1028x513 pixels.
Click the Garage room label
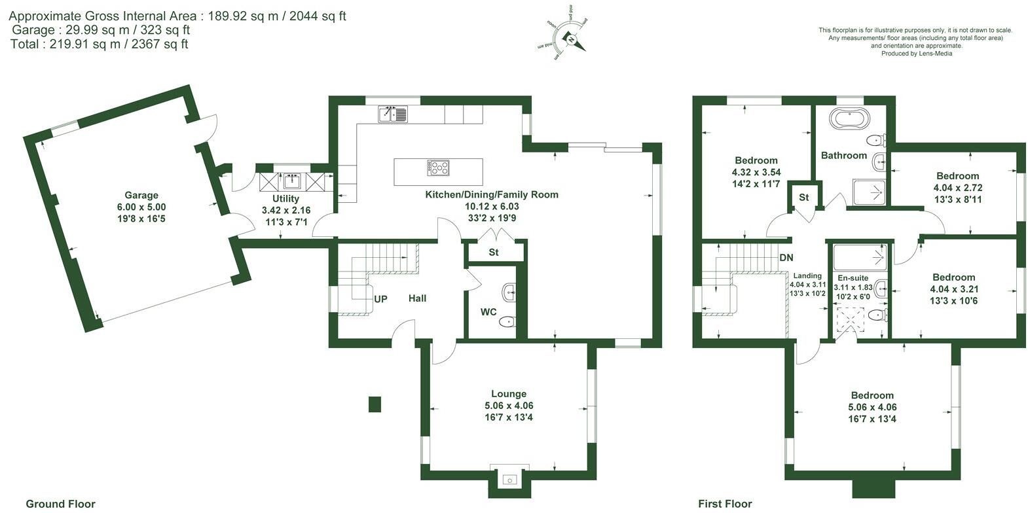click(x=141, y=195)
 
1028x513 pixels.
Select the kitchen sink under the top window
click(x=393, y=115)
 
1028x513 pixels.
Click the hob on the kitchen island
click(x=439, y=168)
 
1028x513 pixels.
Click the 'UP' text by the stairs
click(x=380, y=299)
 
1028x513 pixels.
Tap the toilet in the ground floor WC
click(x=507, y=321)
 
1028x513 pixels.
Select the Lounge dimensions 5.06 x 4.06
click(x=509, y=406)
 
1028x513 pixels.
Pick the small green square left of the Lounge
click(x=375, y=404)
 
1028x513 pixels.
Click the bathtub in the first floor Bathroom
click(x=851, y=120)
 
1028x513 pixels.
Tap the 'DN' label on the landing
click(x=786, y=258)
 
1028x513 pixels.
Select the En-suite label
click(x=853, y=278)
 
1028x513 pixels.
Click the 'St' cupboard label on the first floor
click(x=804, y=197)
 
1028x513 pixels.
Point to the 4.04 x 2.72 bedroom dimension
click(x=957, y=187)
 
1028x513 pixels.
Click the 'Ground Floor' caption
click(x=60, y=504)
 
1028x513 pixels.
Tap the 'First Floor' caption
click(x=725, y=504)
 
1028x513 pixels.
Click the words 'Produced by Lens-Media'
click(x=917, y=54)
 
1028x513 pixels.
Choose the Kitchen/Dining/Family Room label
click(x=492, y=194)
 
